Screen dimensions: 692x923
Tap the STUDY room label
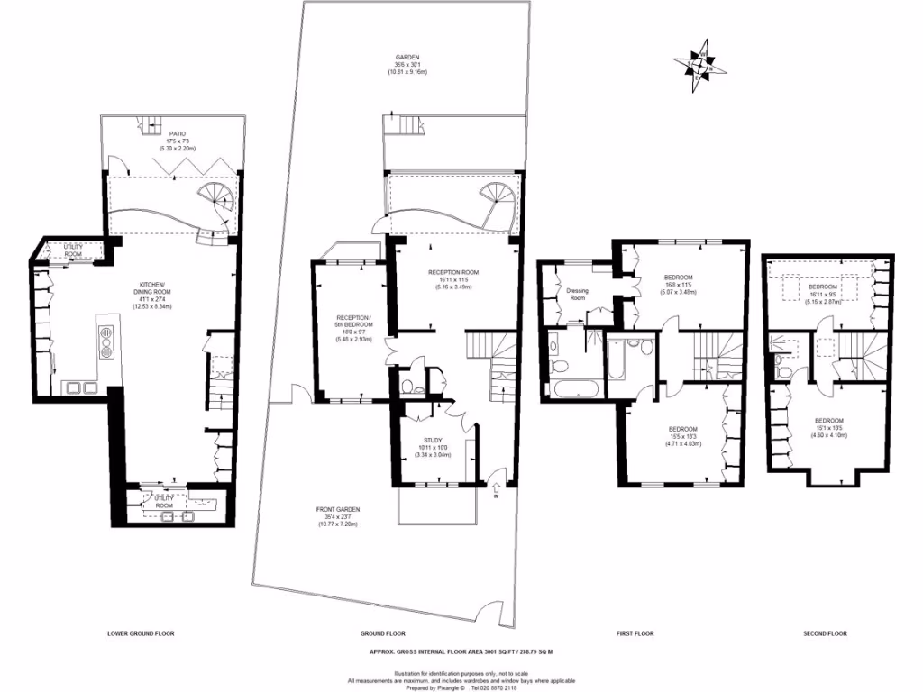tap(433, 441)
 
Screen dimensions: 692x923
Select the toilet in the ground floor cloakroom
tap(409, 387)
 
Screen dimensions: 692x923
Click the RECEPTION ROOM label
tap(452, 271)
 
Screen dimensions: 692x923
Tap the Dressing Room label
tap(578, 294)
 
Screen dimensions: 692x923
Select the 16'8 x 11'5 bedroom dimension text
tap(678, 284)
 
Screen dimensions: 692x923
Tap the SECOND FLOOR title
tap(825, 633)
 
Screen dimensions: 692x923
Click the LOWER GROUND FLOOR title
tap(141, 633)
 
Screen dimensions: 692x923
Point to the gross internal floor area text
tap(461, 651)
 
